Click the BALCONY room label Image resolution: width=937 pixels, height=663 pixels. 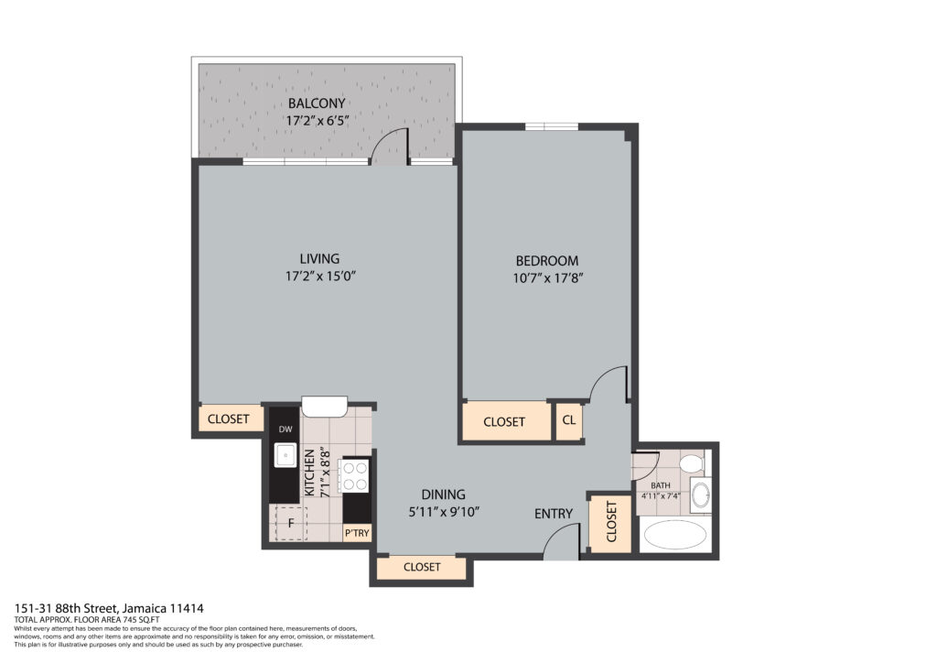click(x=317, y=103)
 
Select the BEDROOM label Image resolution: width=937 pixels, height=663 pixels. click(x=546, y=261)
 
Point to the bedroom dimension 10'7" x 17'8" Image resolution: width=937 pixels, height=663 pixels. click(x=546, y=278)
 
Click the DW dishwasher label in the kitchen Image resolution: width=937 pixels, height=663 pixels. click(x=285, y=429)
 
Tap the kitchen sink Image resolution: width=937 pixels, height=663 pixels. click(x=285, y=454)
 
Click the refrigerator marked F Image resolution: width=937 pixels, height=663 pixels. click(x=290, y=524)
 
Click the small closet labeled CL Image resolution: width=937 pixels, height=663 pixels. click(x=568, y=421)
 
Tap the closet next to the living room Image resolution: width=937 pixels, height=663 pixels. click(x=228, y=419)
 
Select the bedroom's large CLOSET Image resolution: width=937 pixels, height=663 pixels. click(x=504, y=421)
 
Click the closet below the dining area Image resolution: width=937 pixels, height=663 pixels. click(x=421, y=567)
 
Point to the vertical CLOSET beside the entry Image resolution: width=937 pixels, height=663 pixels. click(x=611, y=522)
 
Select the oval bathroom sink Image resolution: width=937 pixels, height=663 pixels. click(x=700, y=496)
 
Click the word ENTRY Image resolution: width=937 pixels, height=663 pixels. click(x=554, y=514)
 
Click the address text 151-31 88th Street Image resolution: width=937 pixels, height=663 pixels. click(x=109, y=608)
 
